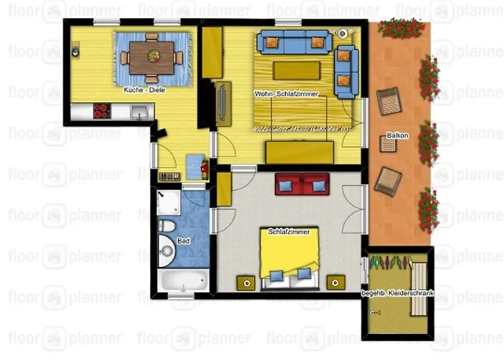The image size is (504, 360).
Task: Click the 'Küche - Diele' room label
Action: click(x=144, y=90)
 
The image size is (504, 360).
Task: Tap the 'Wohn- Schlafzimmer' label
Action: click(x=286, y=94)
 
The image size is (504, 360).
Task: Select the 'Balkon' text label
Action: click(x=397, y=135)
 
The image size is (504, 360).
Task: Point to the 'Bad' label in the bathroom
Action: click(x=184, y=240)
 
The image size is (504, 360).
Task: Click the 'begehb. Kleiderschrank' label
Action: click(x=398, y=293)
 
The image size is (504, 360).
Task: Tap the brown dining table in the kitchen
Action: click(x=152, y=58)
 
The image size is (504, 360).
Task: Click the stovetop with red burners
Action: click(x=102, y=111)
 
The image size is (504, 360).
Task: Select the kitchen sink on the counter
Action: click(x=140, y=112)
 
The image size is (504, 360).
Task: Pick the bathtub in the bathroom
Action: click(x=184, y=281)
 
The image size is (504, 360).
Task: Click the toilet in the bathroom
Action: click(x=166, y=225)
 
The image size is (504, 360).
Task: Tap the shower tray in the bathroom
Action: click(x=168, y=203)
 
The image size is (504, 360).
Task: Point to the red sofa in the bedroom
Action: click(x=302, y=184)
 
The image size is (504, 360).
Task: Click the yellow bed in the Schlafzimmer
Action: click(x=289, y=258)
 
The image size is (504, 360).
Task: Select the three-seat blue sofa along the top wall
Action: click(x=294, y=42)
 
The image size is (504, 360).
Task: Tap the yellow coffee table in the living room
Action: click(x=297, y=71)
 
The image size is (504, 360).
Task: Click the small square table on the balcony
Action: click(x=388, y=144)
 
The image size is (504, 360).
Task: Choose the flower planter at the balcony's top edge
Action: click(x=401, y=28)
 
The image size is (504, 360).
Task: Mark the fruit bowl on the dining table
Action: click(x=154, y=56)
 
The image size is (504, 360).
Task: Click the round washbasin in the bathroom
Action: click(x=166, y=251)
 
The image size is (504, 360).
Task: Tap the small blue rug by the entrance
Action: click(x=195, y=166)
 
